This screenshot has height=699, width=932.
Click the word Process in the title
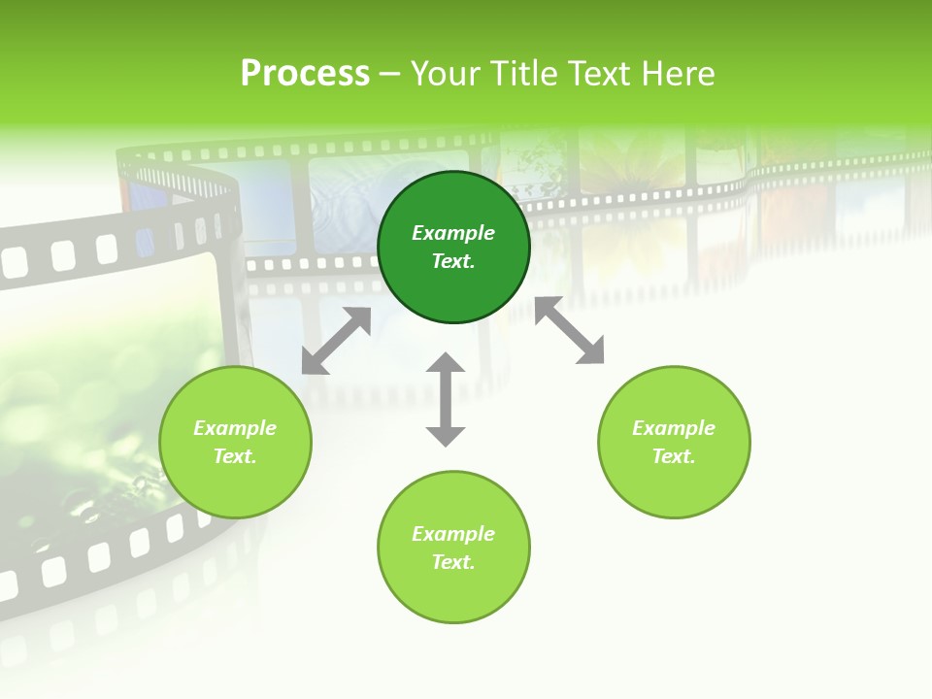(305, 74)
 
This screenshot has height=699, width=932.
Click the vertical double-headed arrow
(446, 399)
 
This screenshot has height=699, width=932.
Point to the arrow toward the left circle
(336, 341)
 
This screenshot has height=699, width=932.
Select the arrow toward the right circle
(570, 331)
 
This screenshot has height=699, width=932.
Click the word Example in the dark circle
(453, 233)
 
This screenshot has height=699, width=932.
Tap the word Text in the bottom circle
(452, 562)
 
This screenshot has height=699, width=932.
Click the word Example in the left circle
(235, 428)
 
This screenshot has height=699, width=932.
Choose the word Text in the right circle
(673, 456)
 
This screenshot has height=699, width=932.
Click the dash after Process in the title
(390, 75)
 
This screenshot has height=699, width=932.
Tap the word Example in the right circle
(674, 428)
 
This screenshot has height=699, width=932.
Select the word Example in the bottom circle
(453, 534)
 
